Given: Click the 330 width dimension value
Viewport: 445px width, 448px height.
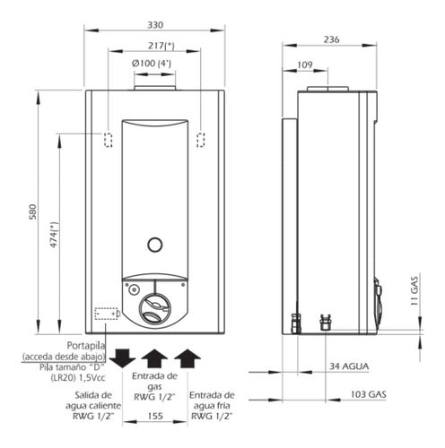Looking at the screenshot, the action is tap(155, 24).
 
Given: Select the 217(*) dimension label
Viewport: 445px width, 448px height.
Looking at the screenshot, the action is tap(161, 46).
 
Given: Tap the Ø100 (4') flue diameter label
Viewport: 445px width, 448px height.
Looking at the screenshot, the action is tap(152, 64).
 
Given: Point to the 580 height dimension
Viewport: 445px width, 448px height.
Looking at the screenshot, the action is tap(32, 212).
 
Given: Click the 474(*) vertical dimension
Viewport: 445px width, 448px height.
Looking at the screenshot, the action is tap(54, 235).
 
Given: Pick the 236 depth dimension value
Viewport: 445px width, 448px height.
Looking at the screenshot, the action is tap(331, 39).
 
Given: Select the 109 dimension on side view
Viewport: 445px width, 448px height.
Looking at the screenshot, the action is tap(305, 65).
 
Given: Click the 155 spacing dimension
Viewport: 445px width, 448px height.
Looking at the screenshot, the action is tap(155, 416).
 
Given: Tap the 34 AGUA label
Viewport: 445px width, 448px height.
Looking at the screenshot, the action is tap(349, 366).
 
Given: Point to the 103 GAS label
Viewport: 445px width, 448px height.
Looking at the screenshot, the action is tap(369, 394).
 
